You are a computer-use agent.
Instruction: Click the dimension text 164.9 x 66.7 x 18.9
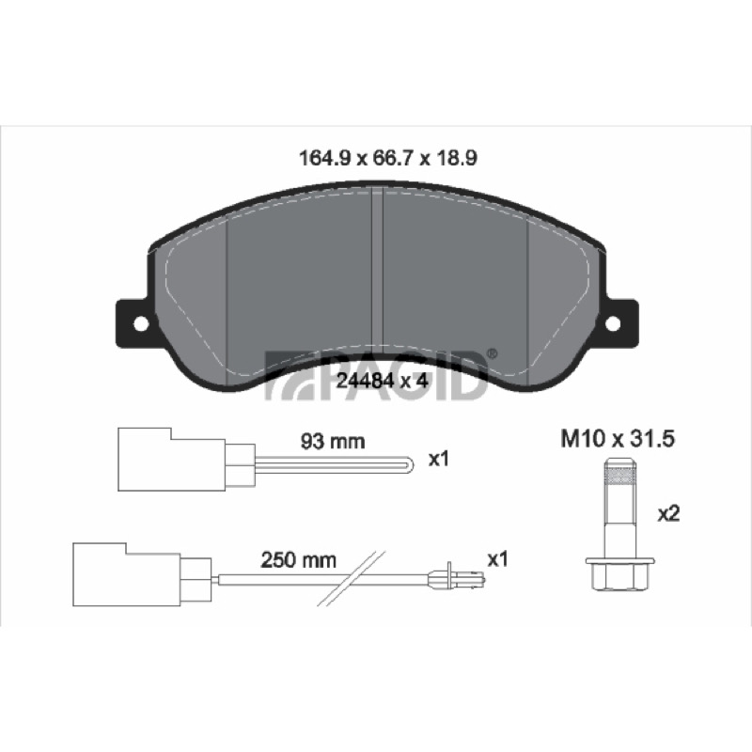pos(387,158)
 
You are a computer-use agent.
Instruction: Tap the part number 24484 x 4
pos(382,381)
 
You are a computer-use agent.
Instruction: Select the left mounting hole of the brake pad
pos(141,323)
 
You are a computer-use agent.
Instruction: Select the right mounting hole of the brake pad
pos(613,323)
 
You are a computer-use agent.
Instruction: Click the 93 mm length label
pos(333,441)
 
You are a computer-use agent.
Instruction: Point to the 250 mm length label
pos(298,560)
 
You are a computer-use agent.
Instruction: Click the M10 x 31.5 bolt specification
pos(618,439)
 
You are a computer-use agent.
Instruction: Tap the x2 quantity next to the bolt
pos(668,514)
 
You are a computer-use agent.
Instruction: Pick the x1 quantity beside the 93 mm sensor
pos(438,460)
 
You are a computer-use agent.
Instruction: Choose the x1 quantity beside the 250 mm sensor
pos(497,559)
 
